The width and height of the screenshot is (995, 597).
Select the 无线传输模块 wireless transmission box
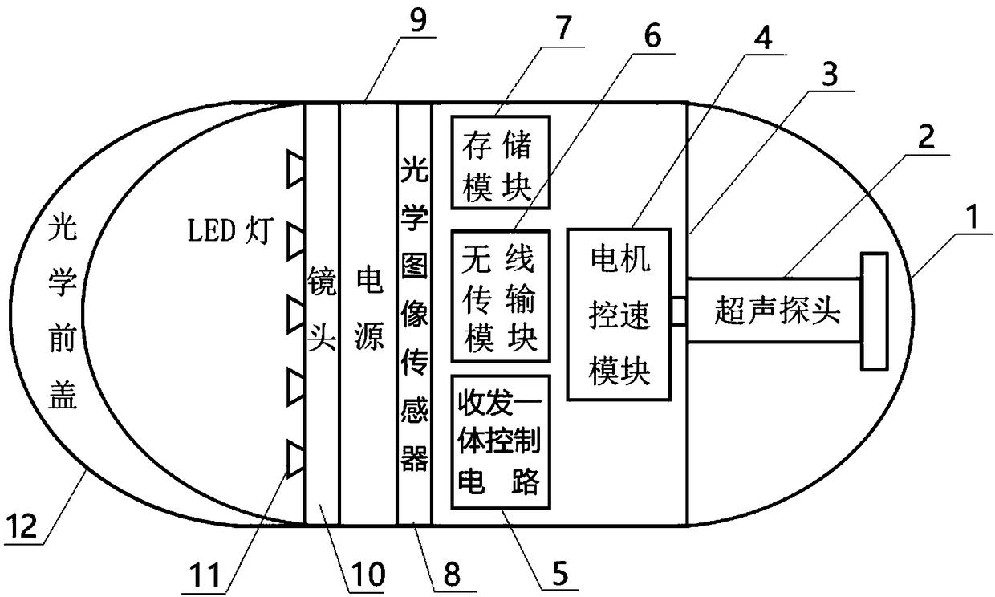[x=497, y=294]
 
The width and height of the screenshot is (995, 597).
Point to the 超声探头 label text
[x=776, y=312]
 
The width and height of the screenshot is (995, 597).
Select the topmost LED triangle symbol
[x=295, y=168]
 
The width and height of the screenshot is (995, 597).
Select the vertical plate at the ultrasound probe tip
[x=874, y=311]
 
